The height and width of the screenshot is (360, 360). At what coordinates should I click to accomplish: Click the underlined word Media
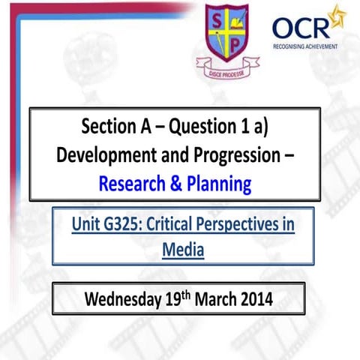[x=182, y=249]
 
